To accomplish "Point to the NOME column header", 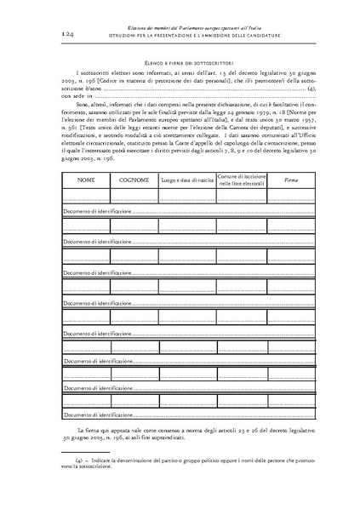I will pos(86,156).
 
